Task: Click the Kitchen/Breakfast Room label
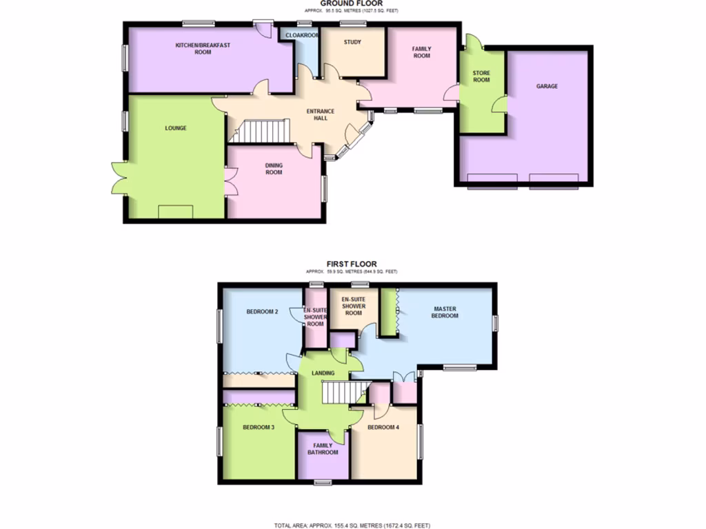[193, 49]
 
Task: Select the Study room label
[352, 42]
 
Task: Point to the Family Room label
[421, 52]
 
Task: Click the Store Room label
[481, 76]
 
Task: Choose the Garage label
[547, 87]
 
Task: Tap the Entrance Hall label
[321, 114]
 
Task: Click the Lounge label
[176, 128]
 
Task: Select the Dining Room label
[274, 169]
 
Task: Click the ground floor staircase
[259, 130]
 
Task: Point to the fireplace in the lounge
[175, 211]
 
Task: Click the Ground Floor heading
[352, 3]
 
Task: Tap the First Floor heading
[352, 264]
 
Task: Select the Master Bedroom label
[445, 312]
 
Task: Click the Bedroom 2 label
[262, 312]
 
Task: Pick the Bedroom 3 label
[259, 428]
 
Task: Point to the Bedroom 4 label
[383, 428]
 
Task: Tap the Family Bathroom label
[323, 449]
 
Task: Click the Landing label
[323, 373]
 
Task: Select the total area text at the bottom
[352, 525]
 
